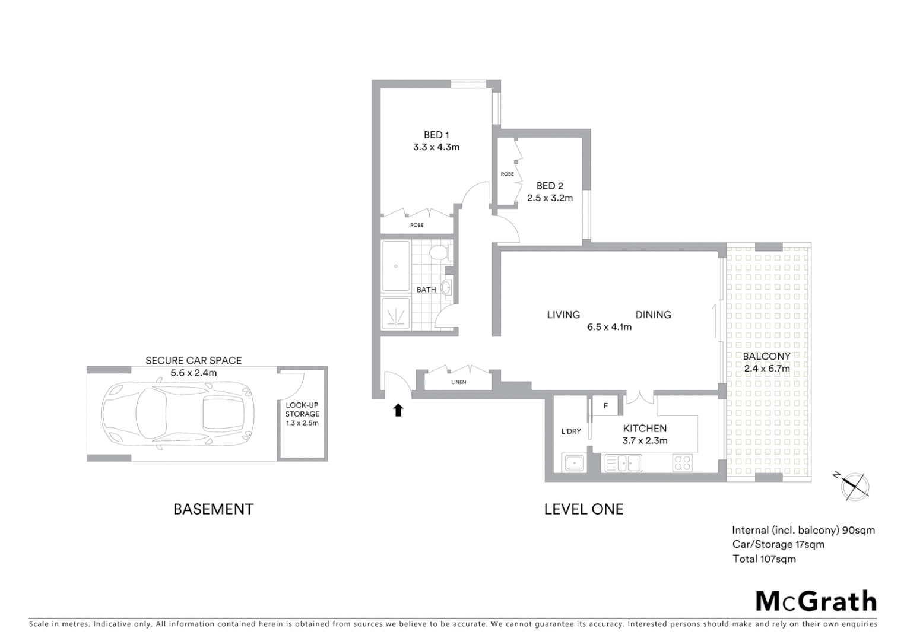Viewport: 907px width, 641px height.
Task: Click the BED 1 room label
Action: [x=436, y=135]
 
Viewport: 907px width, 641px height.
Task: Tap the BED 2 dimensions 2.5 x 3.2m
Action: [x=550, y=198]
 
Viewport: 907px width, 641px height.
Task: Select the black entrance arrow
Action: [x=398, y=410]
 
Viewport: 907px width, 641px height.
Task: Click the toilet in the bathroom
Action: [x=439, y=253]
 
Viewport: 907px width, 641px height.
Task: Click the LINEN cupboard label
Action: [x=458, y=382]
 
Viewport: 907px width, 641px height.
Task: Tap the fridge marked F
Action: [x=605, y=406]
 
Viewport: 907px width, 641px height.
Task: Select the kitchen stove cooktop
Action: [x=683, y=462]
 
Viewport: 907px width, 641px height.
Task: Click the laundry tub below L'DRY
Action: [x=574, y=462]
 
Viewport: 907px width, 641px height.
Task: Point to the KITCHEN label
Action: [x=645, y=429]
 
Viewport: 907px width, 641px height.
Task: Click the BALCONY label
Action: [x=766, y=357]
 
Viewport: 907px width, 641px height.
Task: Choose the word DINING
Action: [x=653, y=315]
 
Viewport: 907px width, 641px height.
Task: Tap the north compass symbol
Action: [x=854, y=485]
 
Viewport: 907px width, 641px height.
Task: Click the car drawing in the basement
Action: [x=178, y=414]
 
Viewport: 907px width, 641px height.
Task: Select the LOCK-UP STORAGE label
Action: [x=302, y=410]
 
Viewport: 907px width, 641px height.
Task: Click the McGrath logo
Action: [x=816, y=601]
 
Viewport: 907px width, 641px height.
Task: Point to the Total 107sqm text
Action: [x=763, y=559]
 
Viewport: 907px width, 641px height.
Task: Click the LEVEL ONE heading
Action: [x=583, y=509]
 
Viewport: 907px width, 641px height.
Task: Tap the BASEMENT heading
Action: [x=213, y=509]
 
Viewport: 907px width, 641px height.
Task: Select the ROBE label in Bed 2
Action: [x=507, y=174]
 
